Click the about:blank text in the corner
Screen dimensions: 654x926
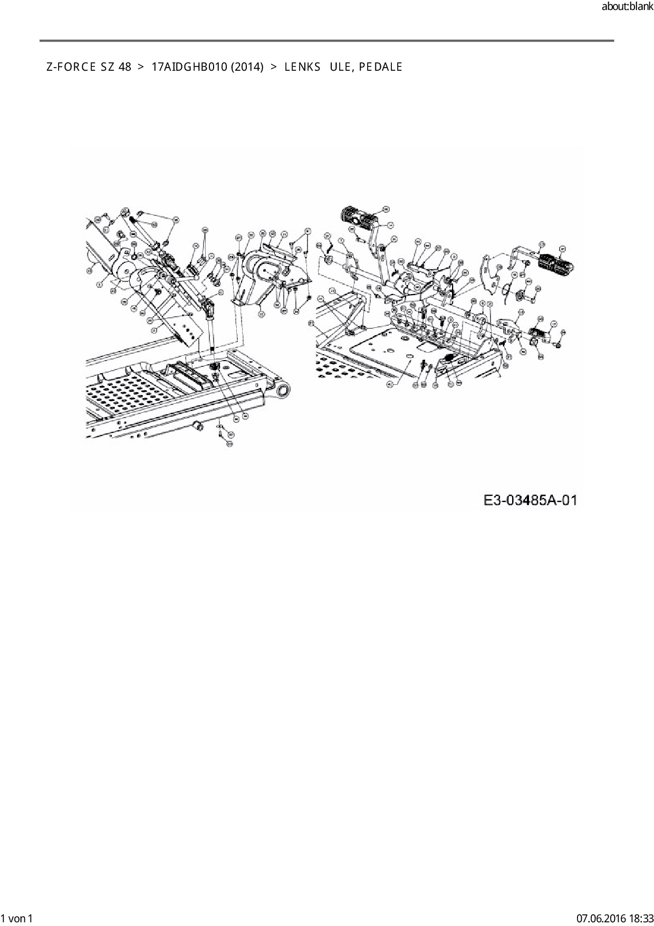click(627, 7)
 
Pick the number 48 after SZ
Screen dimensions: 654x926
click(125, 67)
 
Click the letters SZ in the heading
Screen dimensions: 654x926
click(108, 67)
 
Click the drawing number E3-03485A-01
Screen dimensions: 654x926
click(531, 500)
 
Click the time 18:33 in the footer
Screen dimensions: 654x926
click(640, 919)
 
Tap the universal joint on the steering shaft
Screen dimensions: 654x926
click(209, 306)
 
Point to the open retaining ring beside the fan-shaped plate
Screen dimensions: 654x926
click(506, 289)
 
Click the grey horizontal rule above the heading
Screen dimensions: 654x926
click(326, 41)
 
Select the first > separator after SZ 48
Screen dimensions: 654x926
click(141, 67)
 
